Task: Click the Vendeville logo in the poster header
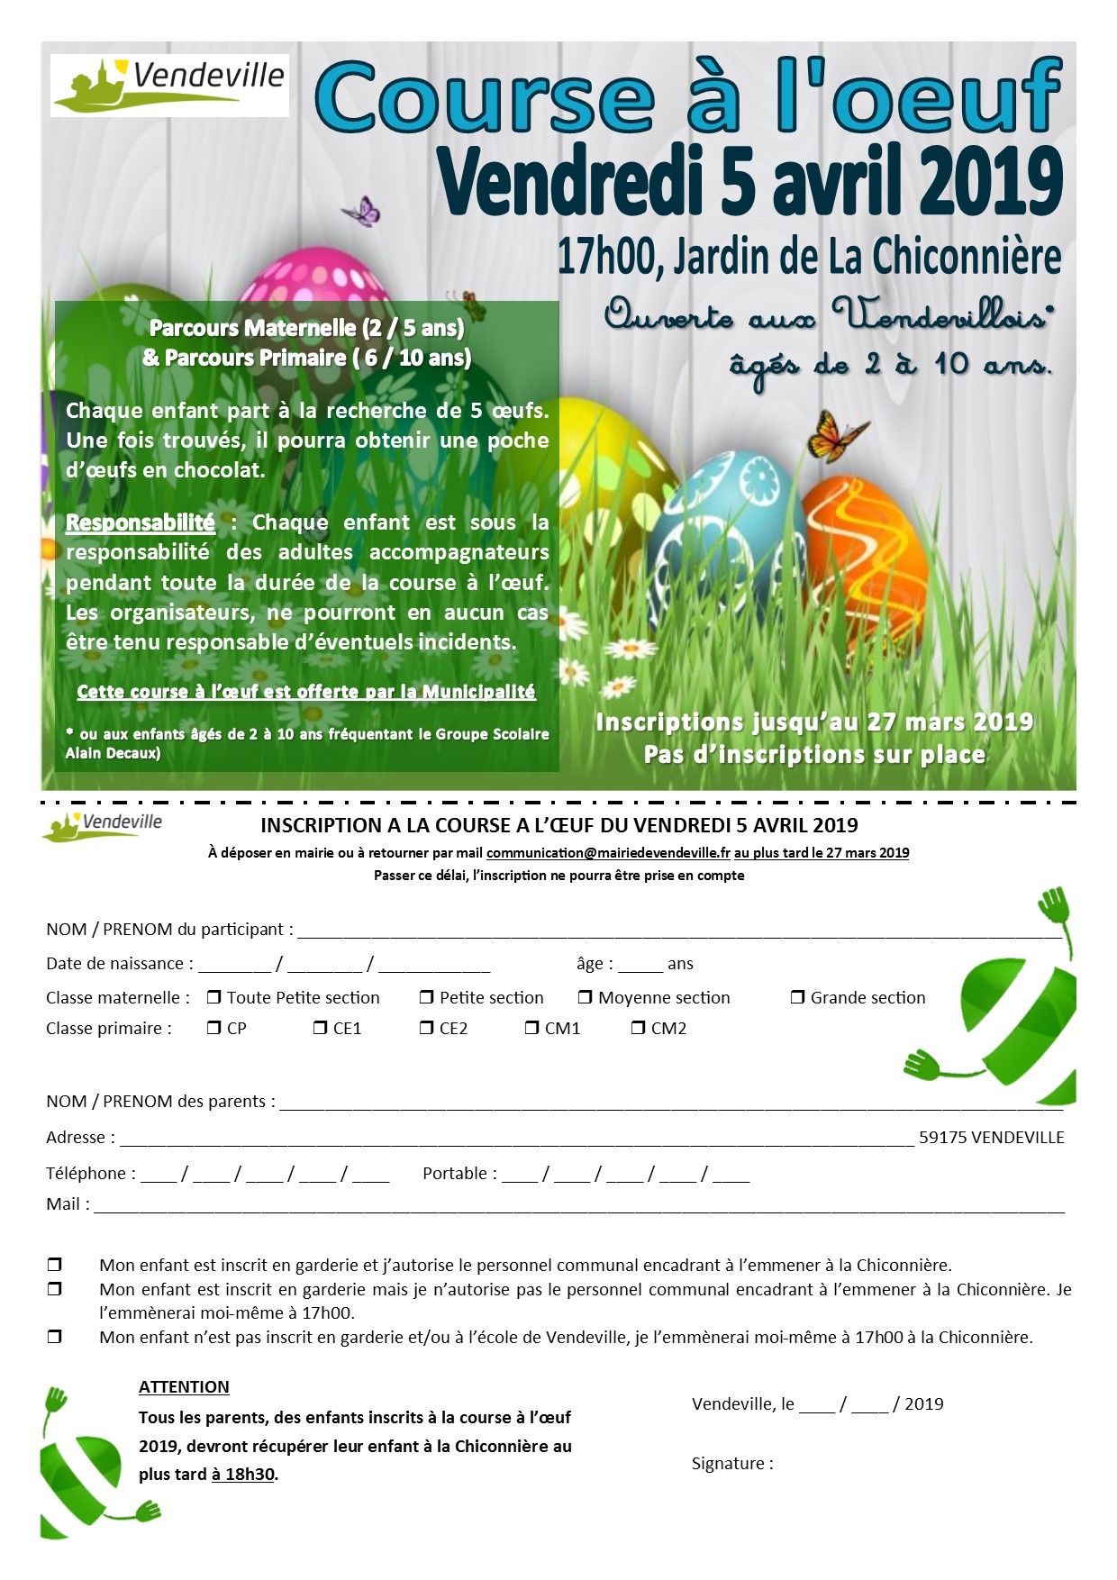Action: coord(169,86)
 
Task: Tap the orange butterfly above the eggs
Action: coord(836,436)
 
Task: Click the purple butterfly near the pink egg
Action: coord(362,212)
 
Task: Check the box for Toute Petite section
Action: coord(214,997)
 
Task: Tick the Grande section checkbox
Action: coord(797,997)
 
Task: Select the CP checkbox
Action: coord(214,1028)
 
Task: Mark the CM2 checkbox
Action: coord(638,1028)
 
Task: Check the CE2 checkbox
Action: coord(427,1028)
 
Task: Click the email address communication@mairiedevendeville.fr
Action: coord(608,853)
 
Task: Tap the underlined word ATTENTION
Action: coord(184,1387)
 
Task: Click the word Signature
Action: coord(731,1464)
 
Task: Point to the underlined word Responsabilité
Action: coord(141,522)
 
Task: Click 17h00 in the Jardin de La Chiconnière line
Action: coord(605,257)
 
